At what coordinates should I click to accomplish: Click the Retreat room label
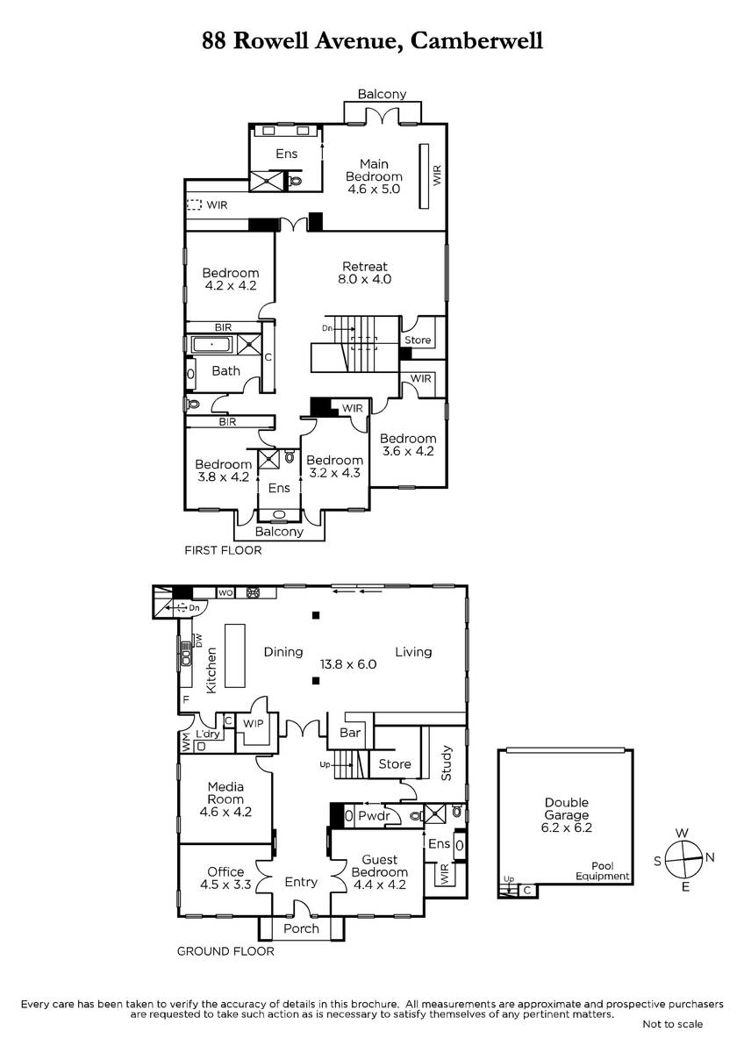click(x=365, y=267)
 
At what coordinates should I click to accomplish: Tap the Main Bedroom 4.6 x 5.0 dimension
click(x=374, y=189)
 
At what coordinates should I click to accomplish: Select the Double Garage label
click(x=567, y=808)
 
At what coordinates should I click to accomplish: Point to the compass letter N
click(x=710, y=857)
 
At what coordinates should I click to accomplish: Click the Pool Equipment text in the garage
click(x=603, y=871)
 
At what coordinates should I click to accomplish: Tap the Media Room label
click(x=225, y=792)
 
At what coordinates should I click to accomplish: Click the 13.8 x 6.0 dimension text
click(x=348, y=664)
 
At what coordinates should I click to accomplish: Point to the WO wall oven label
click(x=225, y=593)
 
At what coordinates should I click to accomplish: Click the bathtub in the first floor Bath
click(x=211, y=345)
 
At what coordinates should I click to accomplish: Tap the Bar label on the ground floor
click(x=350, y=733)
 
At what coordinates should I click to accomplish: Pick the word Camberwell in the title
click(x=476, y=40)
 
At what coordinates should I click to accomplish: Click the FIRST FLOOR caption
click(x=223, y=550)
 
